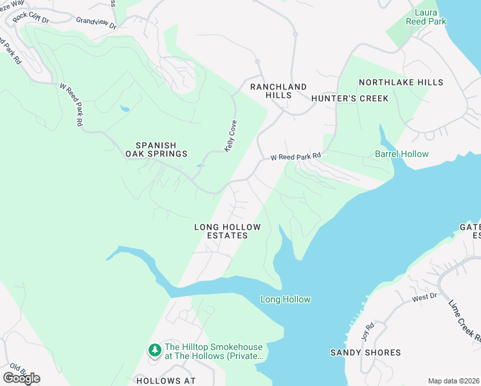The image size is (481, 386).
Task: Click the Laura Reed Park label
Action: [x=421, y=17]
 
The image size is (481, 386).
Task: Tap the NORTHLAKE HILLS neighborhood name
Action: [x=401, y=82]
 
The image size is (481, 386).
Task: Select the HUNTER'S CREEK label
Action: [x=350, y=98]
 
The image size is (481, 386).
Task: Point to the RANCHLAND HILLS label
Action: [x=278, y=91]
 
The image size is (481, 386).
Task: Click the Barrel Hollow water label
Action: [x=401, y=154]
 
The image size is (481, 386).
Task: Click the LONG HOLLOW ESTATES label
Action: [x=228, y=232]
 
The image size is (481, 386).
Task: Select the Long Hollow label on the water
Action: [x=285, y=299]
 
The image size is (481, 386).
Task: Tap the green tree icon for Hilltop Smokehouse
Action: [x=154, y=350]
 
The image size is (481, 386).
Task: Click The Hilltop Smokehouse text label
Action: [x=213, y=351]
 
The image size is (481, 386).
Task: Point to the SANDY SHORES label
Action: [x=365, y=353]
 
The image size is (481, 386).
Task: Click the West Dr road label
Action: [x=424, y=297]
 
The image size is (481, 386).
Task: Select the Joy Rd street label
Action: [x=367, y=332]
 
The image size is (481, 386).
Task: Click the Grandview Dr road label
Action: [x=96, y=23]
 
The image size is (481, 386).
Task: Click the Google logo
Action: [x=21, y=378]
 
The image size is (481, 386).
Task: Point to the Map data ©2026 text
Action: [x=453, y=381]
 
